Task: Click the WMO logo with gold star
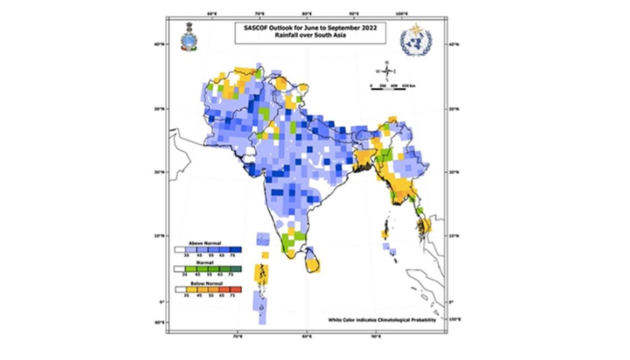click(x=416, y=40)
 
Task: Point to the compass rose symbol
click(x=386, y=71)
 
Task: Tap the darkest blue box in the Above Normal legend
click(x=236, y=250)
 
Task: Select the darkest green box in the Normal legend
click(x=236, y=269)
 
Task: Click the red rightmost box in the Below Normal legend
click(x=236, y=290)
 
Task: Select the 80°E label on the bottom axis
click(x=306, y=336)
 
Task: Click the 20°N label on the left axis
click(x=158, y=172)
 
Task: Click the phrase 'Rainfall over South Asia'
click(x=310, y=36)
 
